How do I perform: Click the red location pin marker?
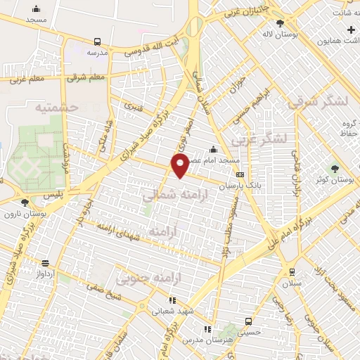(180, 167)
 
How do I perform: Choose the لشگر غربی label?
(264, 139)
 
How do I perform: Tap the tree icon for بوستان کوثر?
(335, 168)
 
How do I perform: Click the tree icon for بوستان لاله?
(280, 24)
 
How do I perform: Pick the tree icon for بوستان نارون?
(25, 202)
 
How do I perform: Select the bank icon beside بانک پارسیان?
(240, 175)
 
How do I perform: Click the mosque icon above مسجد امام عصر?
(213, 149)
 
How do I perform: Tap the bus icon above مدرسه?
(97, 41)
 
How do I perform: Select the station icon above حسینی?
(248, 322)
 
